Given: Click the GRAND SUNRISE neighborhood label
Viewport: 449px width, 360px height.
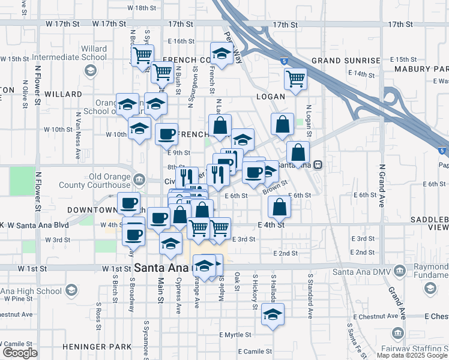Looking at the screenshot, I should point(345,61).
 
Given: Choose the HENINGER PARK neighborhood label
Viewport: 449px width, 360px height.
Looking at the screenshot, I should point(97,347).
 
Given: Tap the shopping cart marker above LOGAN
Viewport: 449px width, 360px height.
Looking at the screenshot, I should point(295,78).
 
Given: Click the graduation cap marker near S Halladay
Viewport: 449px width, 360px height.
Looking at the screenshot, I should point(273,314).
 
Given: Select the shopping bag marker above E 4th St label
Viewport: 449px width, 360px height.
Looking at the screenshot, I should point(279,206).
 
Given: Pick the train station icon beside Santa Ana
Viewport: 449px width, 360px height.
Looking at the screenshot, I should point(318,165).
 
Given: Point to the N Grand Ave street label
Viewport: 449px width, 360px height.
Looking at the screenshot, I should point(381,186).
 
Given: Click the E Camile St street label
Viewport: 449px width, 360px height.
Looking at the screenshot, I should point(255,351).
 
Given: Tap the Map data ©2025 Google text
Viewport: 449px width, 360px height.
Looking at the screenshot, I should point(412,355).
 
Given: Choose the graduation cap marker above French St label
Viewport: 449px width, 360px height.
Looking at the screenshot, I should point(221,53).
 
